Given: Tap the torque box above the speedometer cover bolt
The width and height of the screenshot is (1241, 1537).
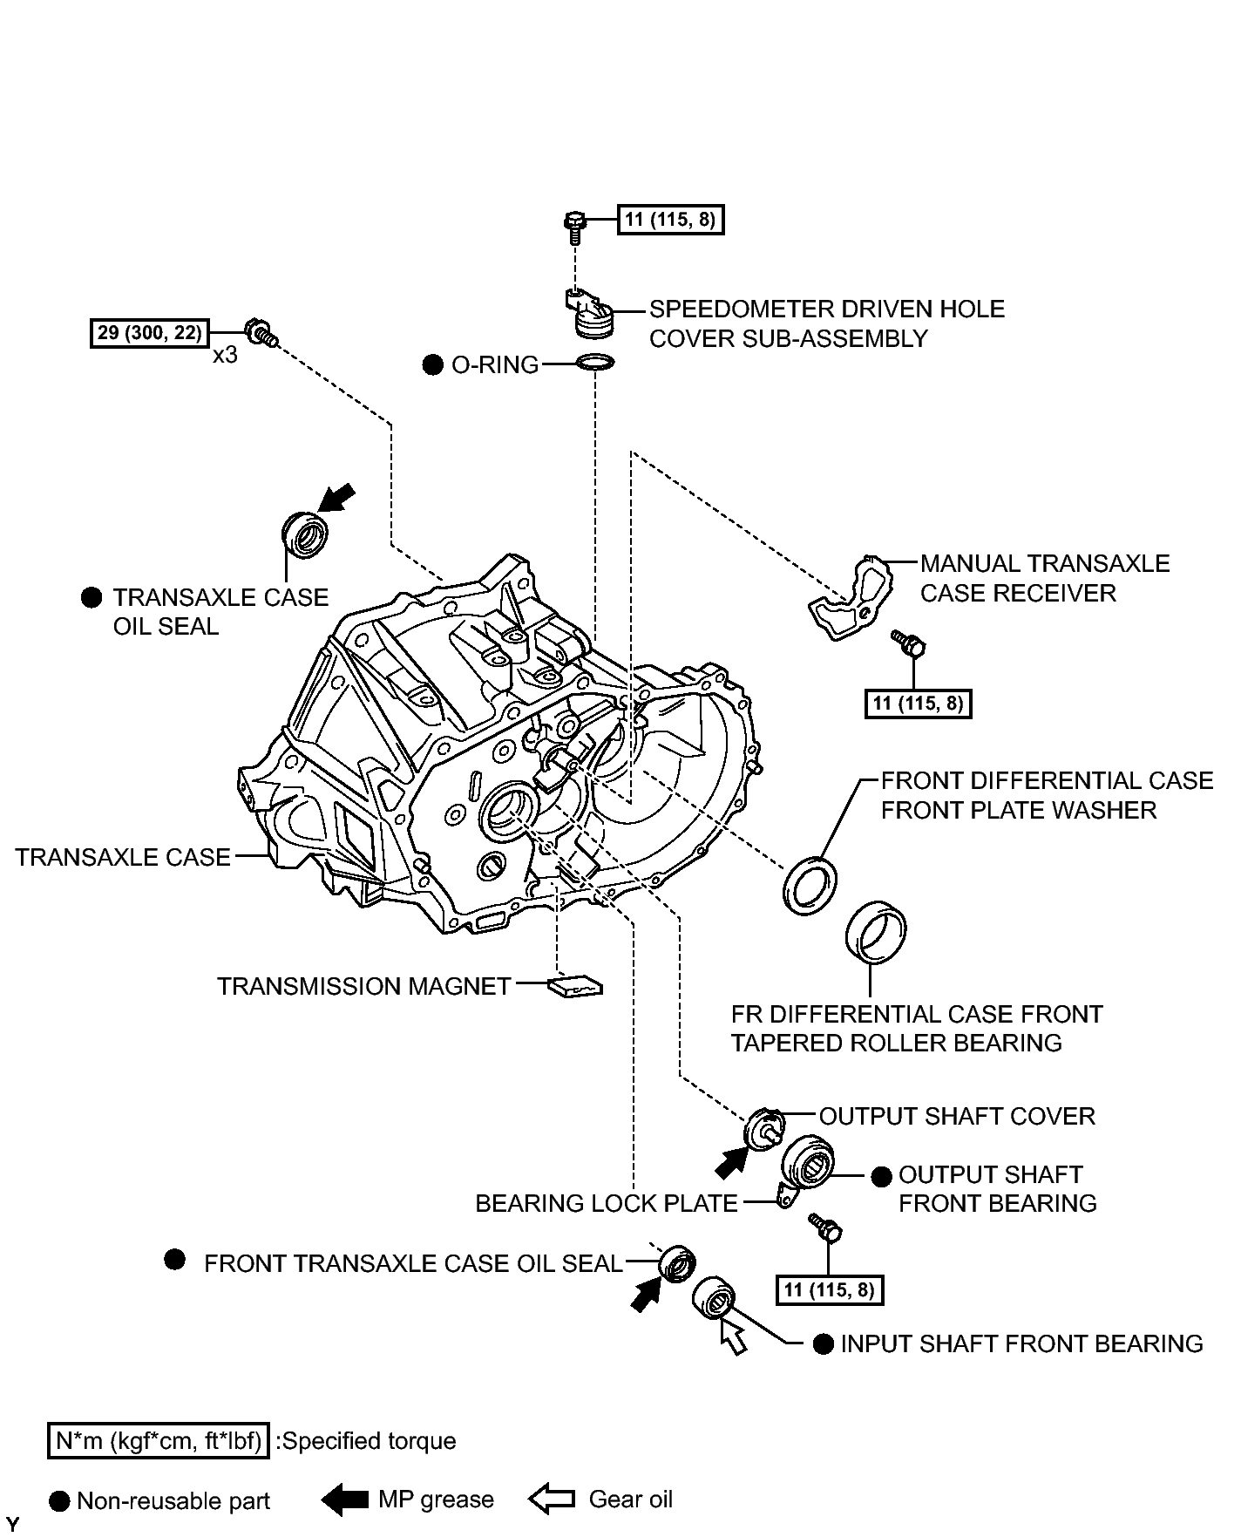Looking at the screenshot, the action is tap(670, 219).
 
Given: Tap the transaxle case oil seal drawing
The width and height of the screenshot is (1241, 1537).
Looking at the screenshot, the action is tap(305, 534).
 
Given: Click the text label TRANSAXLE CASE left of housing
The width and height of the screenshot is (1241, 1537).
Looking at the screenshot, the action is tap(123, 857).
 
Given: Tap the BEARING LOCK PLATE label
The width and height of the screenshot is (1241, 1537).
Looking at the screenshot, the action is tap(607, 1203).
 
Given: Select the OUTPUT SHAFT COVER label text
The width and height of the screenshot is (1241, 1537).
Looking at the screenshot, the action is tap(957, 1116).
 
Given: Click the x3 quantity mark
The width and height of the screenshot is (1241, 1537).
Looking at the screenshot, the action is tap(225, 356).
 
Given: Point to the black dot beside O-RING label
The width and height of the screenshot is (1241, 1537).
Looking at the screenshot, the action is tap(432, 364).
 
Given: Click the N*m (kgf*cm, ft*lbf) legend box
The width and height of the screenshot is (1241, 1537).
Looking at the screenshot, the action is tap(158, 1441).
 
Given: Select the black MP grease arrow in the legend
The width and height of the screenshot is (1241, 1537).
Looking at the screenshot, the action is tap(345, 1500).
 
